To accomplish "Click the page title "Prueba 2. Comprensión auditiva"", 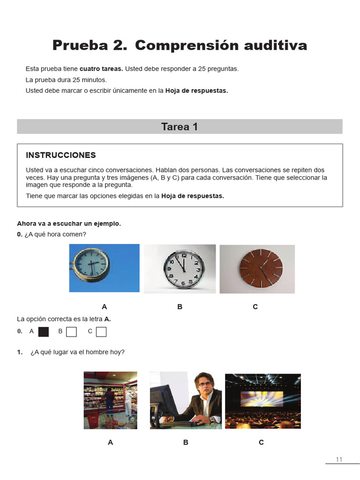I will (x=180, y=45).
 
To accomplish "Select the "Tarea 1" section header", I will (x=180, y=127).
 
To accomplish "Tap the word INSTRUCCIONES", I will (x=61, y=155).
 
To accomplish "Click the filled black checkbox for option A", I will (x=44, y=332).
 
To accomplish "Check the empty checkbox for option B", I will (x=71, y=332).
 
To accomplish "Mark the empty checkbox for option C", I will (x=101, y=332).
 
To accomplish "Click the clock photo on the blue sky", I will (x=104, y=268).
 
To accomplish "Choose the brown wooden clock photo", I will (x=257, y=269).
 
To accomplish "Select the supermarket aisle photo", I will (x=110, y=400).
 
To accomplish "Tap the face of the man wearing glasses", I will (x=204, y=386).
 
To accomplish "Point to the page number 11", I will (x=340, y=459).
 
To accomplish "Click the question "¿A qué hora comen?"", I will (x=55, y=234).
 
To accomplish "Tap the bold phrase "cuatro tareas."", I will (x=101, y=69).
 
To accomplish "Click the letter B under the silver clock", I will (x=180, y=307).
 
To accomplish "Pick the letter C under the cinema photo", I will (x=262, y=442).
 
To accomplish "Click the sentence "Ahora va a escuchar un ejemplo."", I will (x=69, y=224).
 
